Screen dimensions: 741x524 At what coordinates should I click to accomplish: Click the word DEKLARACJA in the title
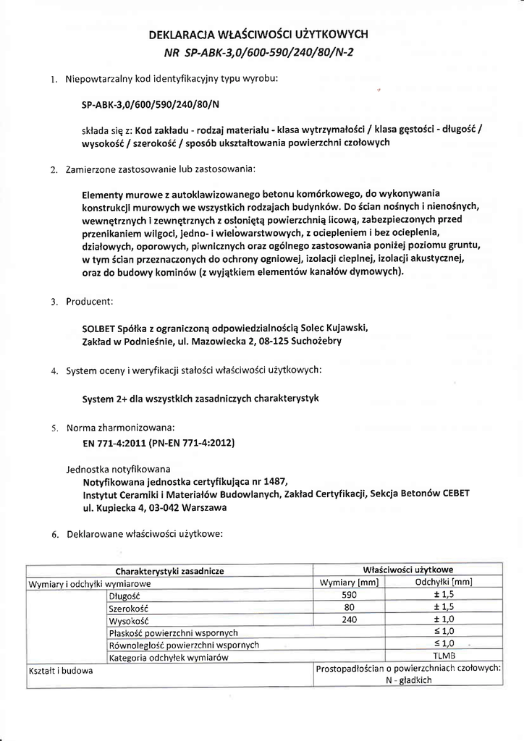(182, 34)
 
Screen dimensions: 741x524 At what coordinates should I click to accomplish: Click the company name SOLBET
(98, 327)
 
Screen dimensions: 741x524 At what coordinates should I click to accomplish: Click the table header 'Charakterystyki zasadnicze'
(169, 571)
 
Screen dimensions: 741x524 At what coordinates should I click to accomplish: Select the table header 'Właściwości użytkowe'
(408, 569)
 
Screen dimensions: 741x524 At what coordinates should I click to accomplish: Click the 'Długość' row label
(123, 596)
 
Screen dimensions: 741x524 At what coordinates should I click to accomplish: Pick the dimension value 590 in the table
(350, 595)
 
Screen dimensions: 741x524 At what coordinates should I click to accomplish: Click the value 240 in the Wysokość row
(350, 619)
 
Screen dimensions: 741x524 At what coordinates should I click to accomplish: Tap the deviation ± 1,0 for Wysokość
(443, 619)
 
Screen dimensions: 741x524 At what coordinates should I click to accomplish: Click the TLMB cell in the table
(443, 656)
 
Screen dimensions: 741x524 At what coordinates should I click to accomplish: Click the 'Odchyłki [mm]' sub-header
(443, 583)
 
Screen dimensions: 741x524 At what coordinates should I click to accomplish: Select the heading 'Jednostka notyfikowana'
(118, 468)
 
